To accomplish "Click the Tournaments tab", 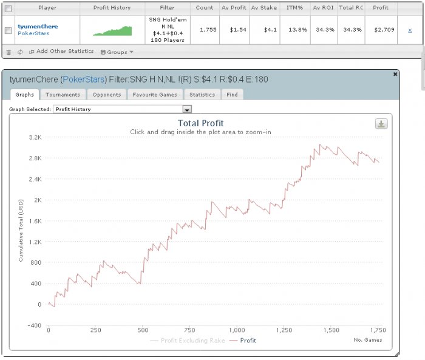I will tap(63, 95).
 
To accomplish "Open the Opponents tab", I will tap(106, 95).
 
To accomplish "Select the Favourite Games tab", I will tap(155, 95).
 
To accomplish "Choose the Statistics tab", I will tap(202, 95).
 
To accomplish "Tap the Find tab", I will tap(233, 95).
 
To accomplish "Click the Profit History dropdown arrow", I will tap(187, 109).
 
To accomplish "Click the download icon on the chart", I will tap(381, 124).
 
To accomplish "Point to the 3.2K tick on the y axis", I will tap(35, 137).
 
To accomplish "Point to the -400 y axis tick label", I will tap(34, 325).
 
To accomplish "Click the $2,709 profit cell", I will tap(381, 30).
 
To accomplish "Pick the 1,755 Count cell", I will tap(205, 30).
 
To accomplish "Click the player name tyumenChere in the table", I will tap(38, 26).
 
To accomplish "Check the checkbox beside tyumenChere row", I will tap(8, 30).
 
